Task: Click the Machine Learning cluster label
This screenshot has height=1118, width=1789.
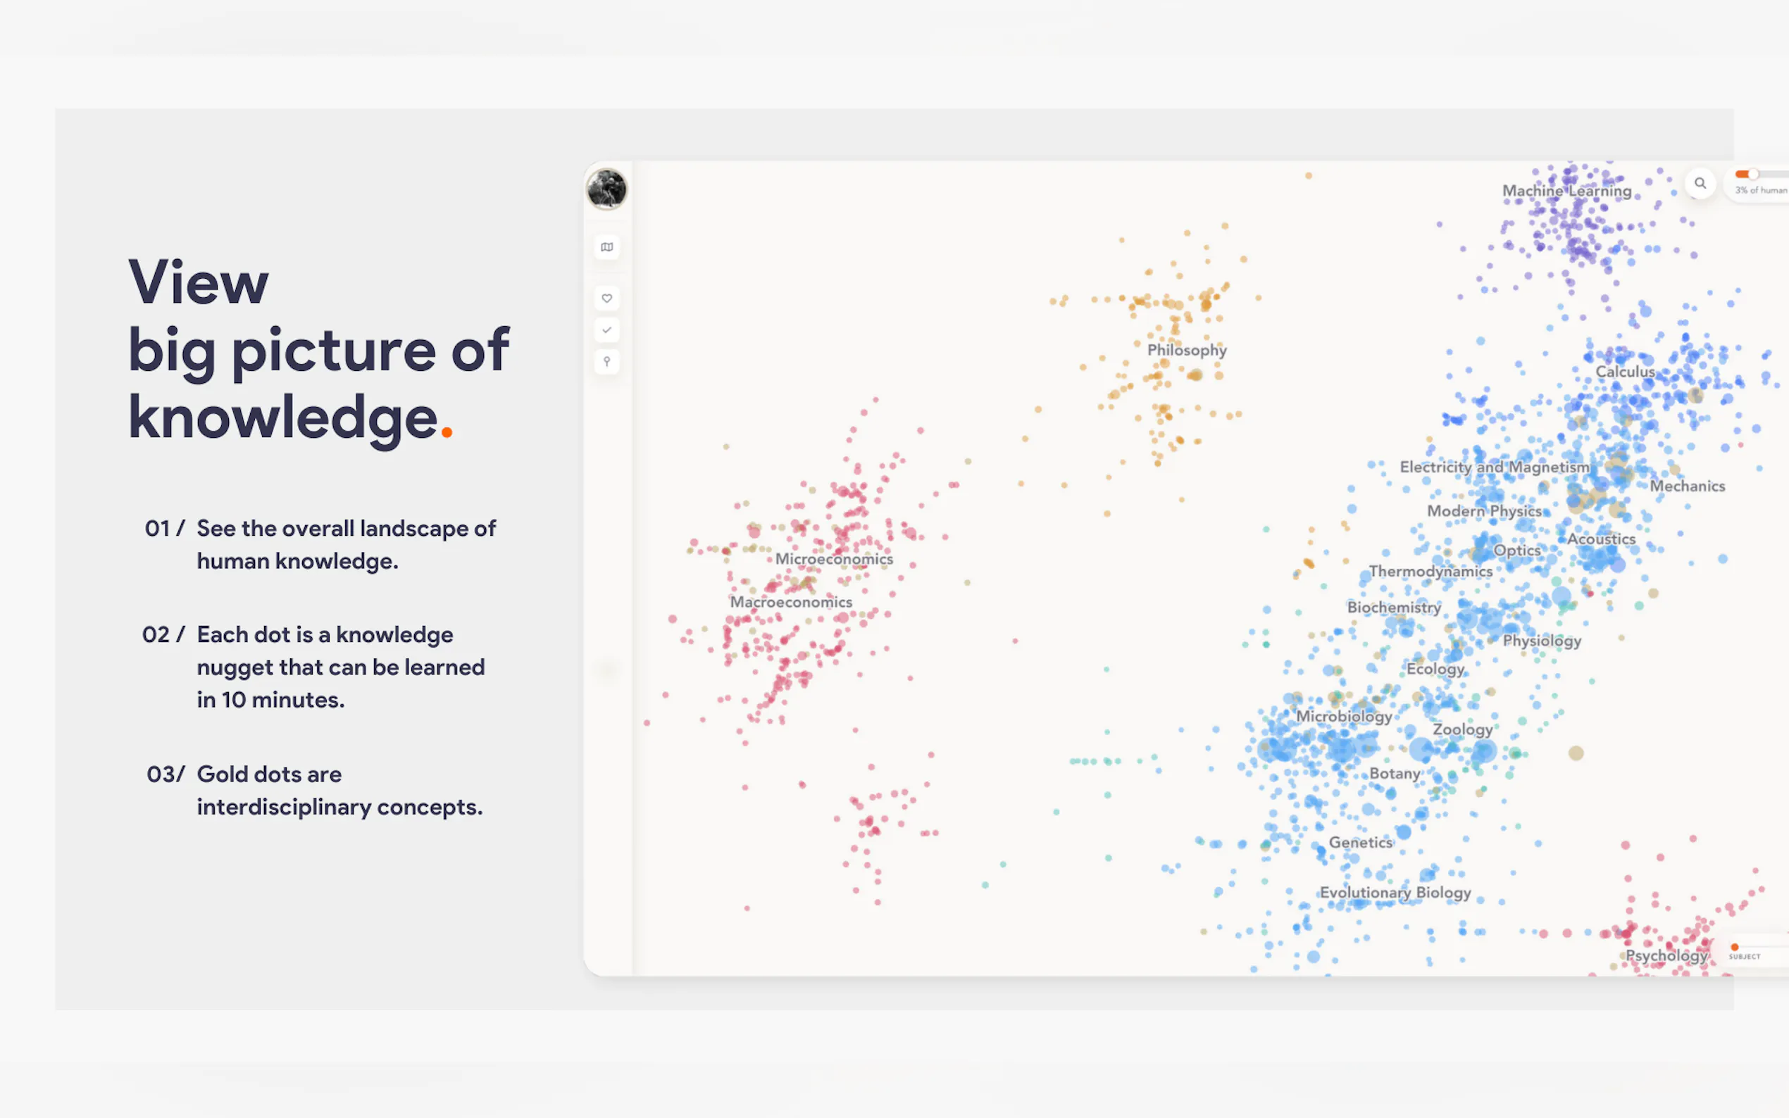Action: [1566, 191]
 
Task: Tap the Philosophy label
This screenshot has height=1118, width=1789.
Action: [1186, 350]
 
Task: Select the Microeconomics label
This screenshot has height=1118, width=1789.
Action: [833, 559]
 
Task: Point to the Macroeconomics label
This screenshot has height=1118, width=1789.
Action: [790, 602]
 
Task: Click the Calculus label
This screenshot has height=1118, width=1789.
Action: [1625, 371]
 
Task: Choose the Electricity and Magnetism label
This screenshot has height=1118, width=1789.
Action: [1494, 467]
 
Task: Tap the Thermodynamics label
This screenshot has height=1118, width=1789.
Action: [1430, 572]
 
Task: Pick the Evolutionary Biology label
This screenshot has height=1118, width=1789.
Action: [1395, 893]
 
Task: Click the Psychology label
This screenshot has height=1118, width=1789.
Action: [1666, 955]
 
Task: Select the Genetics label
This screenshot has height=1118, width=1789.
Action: [1360, 842]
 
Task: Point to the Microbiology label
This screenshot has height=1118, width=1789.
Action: [1343, 717]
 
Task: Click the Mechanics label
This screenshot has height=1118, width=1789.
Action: [1687, 486]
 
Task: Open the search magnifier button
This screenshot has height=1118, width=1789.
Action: [1700, 183]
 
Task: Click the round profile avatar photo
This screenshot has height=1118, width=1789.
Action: [606, 189]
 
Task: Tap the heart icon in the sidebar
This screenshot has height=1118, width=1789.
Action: [606, 299]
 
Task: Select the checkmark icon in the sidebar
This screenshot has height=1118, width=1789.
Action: [606, 330]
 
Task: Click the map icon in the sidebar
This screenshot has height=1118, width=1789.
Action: [606, 247]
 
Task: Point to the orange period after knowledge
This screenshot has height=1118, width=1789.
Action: [446, 432]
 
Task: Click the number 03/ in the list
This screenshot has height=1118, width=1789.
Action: [166, 774]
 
